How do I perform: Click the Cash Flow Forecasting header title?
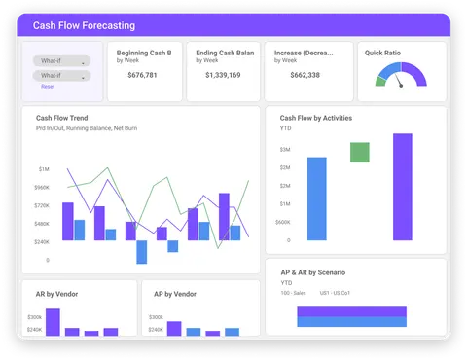pos(84,25)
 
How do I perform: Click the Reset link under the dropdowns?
pos(48,87)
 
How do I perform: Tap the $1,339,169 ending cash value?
pos(223,74)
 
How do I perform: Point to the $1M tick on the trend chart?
pos(45,169)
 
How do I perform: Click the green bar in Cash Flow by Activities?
pos(359,152)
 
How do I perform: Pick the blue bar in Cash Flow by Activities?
pos(316,198)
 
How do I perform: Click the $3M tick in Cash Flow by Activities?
pos(285,150)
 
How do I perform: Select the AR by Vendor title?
pos(57,293)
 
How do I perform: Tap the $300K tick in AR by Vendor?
pos(35,317)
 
